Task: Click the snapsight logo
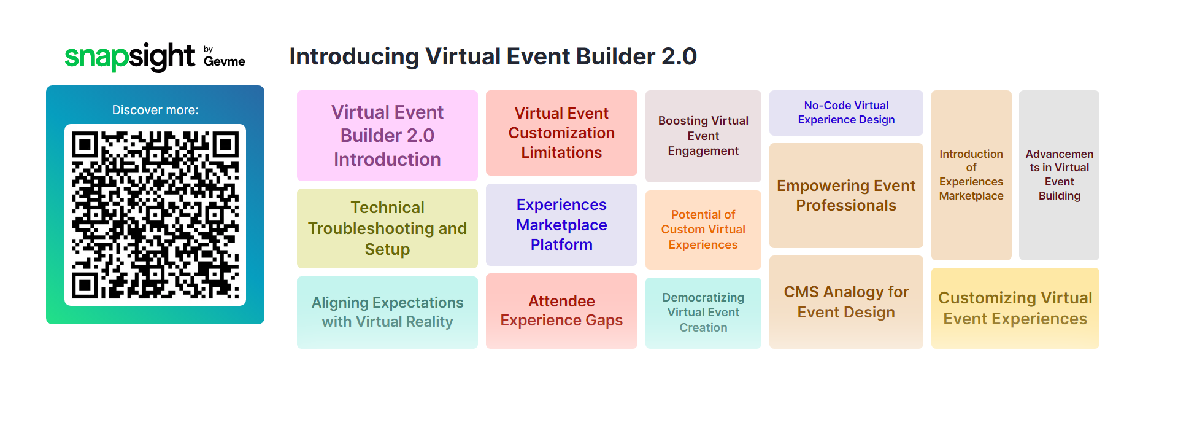click(x=155, y=57)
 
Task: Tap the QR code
click(x=155, y=215)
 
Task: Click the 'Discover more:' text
click(x=155, y=110)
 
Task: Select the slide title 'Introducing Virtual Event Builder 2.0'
click(x=493, y=56)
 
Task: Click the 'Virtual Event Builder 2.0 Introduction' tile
click(x=387, y=136)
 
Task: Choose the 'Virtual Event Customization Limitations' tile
click(x=561, y=133)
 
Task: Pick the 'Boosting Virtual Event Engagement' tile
click(x=703, y=136)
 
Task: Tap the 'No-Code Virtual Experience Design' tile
click(x=846, y=113)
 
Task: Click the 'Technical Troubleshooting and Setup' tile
click(x=387, y=228)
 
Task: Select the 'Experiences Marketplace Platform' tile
click(x=561, y=225)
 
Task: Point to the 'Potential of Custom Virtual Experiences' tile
click(x=703, y=230)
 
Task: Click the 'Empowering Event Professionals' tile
click(x=846, y=195)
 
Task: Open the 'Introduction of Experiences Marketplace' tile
click(x=971, y=175)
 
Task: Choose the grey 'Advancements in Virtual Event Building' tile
click(x=1059, y=175)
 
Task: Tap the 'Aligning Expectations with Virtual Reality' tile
click(x=387, y=313)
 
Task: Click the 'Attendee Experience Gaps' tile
click(x=561, y=311)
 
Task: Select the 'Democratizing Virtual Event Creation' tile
click(x=703, y=313)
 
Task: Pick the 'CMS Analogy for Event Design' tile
click(x=846, y=302)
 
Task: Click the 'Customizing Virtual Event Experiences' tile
click(x=1015, y=308)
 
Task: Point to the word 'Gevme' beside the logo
click(x=225, y=61)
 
